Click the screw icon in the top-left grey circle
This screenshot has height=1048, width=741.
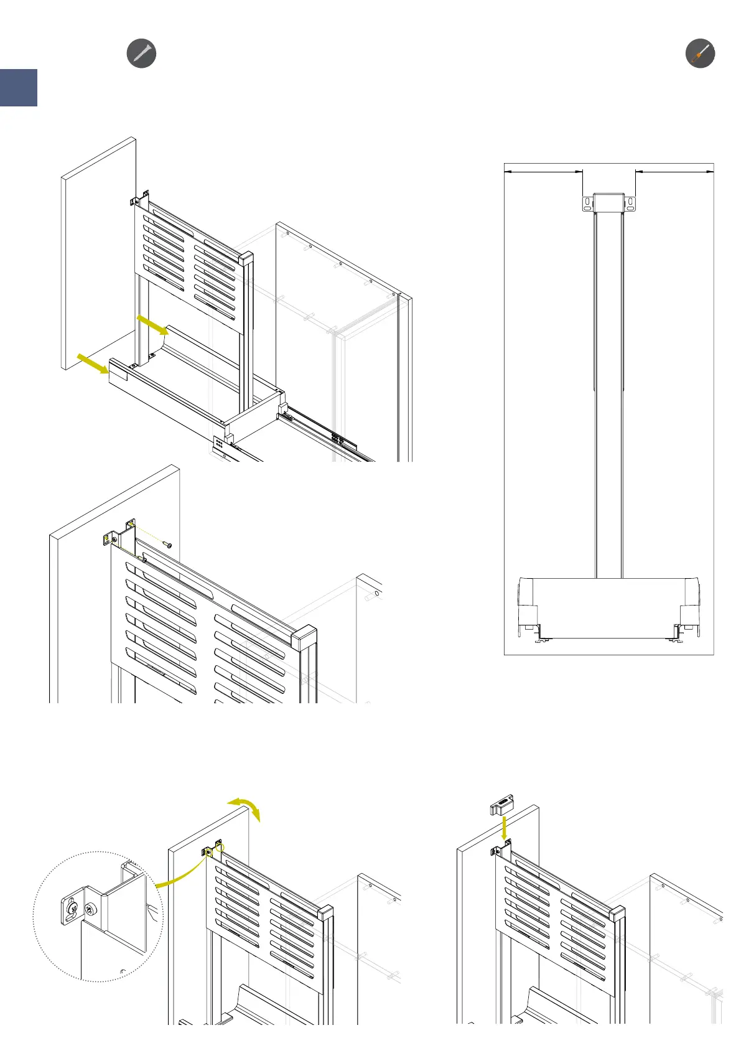pyautogui.click(x=141, y=53)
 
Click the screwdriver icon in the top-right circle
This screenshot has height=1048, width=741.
pyautogui.click(x=700, y=53)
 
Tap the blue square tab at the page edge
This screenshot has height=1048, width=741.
pyautogui.click(x=19, y=88)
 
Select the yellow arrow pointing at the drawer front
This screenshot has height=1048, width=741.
pyautogui.click(x=93, y=363)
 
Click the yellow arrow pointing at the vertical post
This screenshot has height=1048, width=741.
pyautogui.click(x=152, y=324)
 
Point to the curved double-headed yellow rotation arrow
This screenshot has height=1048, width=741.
pyautogui.click(x=245, y=808)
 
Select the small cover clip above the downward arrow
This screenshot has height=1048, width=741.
pyautogui.click(x=501, y=804)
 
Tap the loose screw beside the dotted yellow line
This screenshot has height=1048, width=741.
pyautogui.click(x=167, y=544)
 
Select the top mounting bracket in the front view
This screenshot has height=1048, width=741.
pyautogui.click(x=608, y=203)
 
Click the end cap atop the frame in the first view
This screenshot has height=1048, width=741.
pyautogui.click(x=246, y=258)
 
